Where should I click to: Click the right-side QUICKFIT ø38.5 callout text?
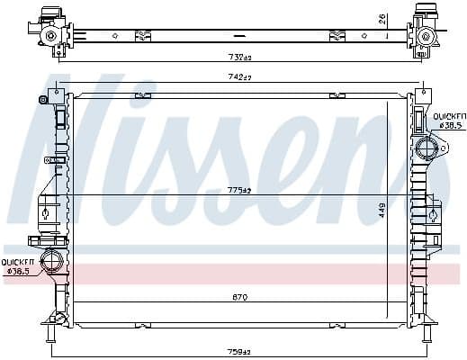[450, 121]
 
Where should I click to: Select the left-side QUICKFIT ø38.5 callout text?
[18, 265]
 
